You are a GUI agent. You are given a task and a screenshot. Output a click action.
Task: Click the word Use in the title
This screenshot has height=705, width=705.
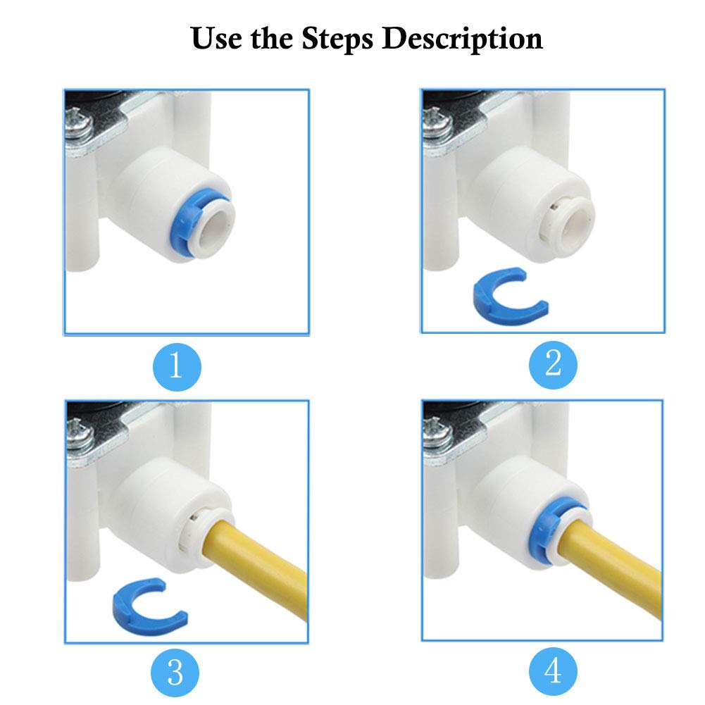pos(216,38)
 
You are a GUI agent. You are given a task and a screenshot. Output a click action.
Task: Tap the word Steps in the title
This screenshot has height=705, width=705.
pos(337,39)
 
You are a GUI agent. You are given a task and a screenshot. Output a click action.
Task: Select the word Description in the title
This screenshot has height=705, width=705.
pos(462,39)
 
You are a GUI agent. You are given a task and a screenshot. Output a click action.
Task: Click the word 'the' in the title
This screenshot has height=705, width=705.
pos(272,38)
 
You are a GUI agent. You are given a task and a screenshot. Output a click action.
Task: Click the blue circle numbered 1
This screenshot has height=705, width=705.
pos(177,367)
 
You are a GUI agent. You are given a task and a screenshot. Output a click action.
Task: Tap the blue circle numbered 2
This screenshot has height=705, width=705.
pos(553,364)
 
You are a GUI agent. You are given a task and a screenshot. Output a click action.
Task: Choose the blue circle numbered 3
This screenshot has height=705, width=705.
pos(175,673)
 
